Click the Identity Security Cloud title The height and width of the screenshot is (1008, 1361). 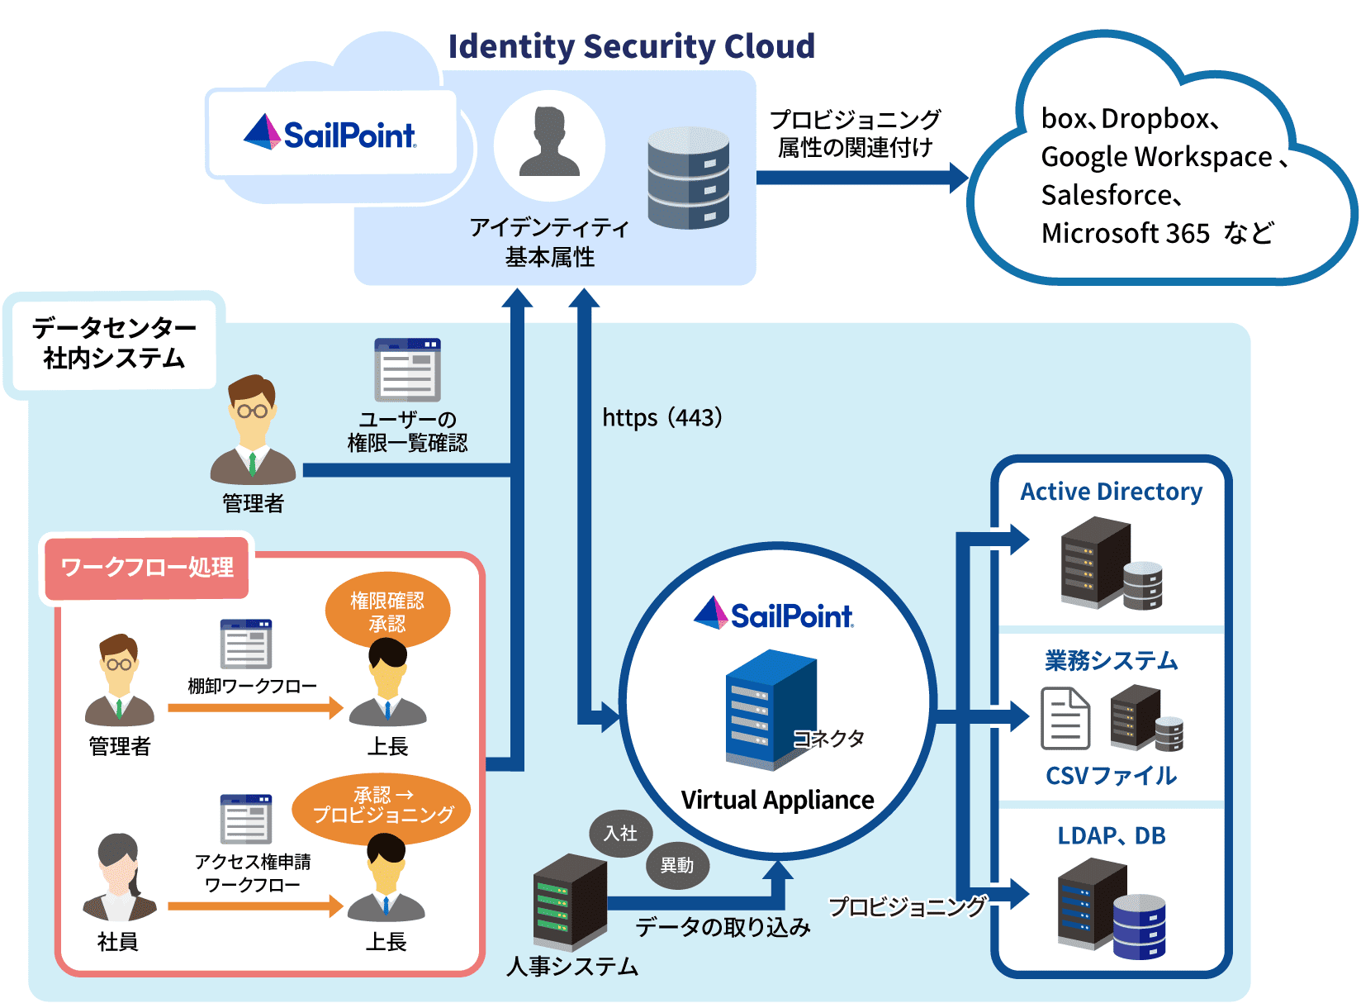pyautogui.click(x=631, y=46)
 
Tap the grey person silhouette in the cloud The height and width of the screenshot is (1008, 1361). pyautogui.click(x=549, y=144)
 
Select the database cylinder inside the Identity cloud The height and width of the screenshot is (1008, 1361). pyautogui.click(x=688, y=178)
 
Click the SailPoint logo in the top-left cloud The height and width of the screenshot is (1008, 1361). pyautogui.click(x=330, y=134)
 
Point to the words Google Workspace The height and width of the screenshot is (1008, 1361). pyautogui.click(x=1156, y=156)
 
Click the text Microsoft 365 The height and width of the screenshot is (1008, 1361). pyautogui.click(x=1125, y=233)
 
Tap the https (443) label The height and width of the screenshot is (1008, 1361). pyautogui.click(x=662, y=417)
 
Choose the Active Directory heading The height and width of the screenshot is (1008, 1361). pyautogui.click(x=1111, y=492)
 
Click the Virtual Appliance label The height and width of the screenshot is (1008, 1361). pyautogui.click(x=777, y=800)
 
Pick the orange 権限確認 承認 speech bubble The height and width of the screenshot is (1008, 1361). pyautogui.click(x=387, y=612)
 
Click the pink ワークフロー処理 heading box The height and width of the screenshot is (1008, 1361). pyautogui.click(x=147, y=568)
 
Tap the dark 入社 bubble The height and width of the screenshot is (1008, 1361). pyautogui.click(x=620, y=833)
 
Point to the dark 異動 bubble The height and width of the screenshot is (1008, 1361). pyautogui.click(x=676, y=865)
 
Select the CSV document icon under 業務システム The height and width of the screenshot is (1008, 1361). pyautogui.click(x=1065, y=719)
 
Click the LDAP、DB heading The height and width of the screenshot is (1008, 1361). pyautogui.click(x=1111, y=836)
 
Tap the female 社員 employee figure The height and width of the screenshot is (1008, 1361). pyautogui.click(x=119, y=879)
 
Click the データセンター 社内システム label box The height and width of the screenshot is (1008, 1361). pyautogui.click(x=114, y=344)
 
